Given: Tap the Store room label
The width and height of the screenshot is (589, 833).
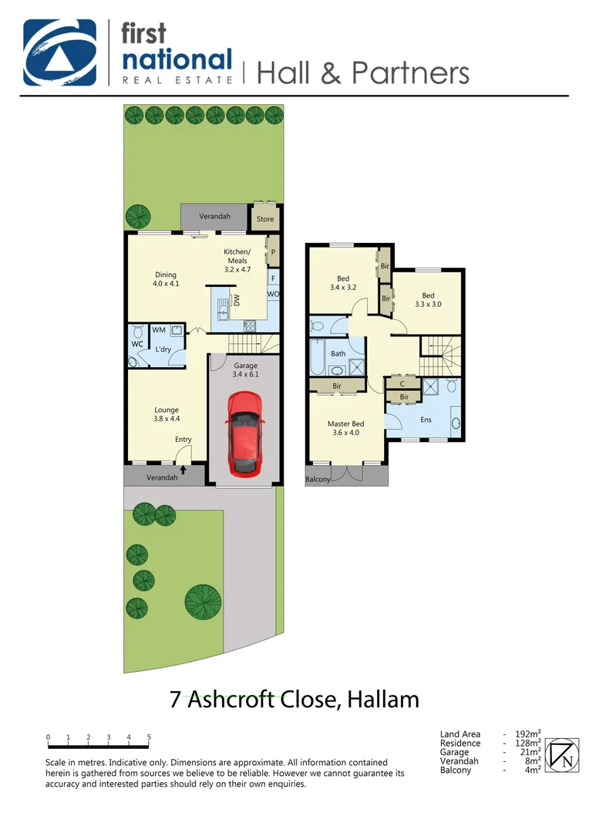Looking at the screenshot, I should [x=265, y=219].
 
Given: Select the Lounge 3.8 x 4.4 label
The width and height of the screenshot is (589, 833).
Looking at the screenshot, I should [x=166, y=415].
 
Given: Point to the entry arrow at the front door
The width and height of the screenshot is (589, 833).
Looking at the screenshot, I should [x=183, y=467].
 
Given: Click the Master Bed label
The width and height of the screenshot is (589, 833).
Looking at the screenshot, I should [x=345, y=428].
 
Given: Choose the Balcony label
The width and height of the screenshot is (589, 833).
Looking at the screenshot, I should [x=318, y=479].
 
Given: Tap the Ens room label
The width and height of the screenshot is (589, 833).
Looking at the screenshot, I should [x=426, y=420].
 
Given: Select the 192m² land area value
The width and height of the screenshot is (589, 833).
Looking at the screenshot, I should [x=527, y=734].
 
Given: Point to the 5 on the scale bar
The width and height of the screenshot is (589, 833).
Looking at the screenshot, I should [x=149, y=737].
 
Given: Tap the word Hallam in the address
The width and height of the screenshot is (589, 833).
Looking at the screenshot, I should [x=383, y=700].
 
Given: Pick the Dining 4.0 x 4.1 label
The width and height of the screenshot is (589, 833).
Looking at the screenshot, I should [x=166, y=279].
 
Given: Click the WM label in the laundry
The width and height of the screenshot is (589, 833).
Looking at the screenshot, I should [x=159, y=330].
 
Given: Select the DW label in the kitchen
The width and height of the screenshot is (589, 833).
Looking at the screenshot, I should [x=237, y=301].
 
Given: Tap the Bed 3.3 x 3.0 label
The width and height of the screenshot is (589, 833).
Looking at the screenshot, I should [x=428, y=300].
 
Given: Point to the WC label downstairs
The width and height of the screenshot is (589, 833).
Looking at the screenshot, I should [x=138, y=344].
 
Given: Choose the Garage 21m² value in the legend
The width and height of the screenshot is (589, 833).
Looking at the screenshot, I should [x=528, y=752].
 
